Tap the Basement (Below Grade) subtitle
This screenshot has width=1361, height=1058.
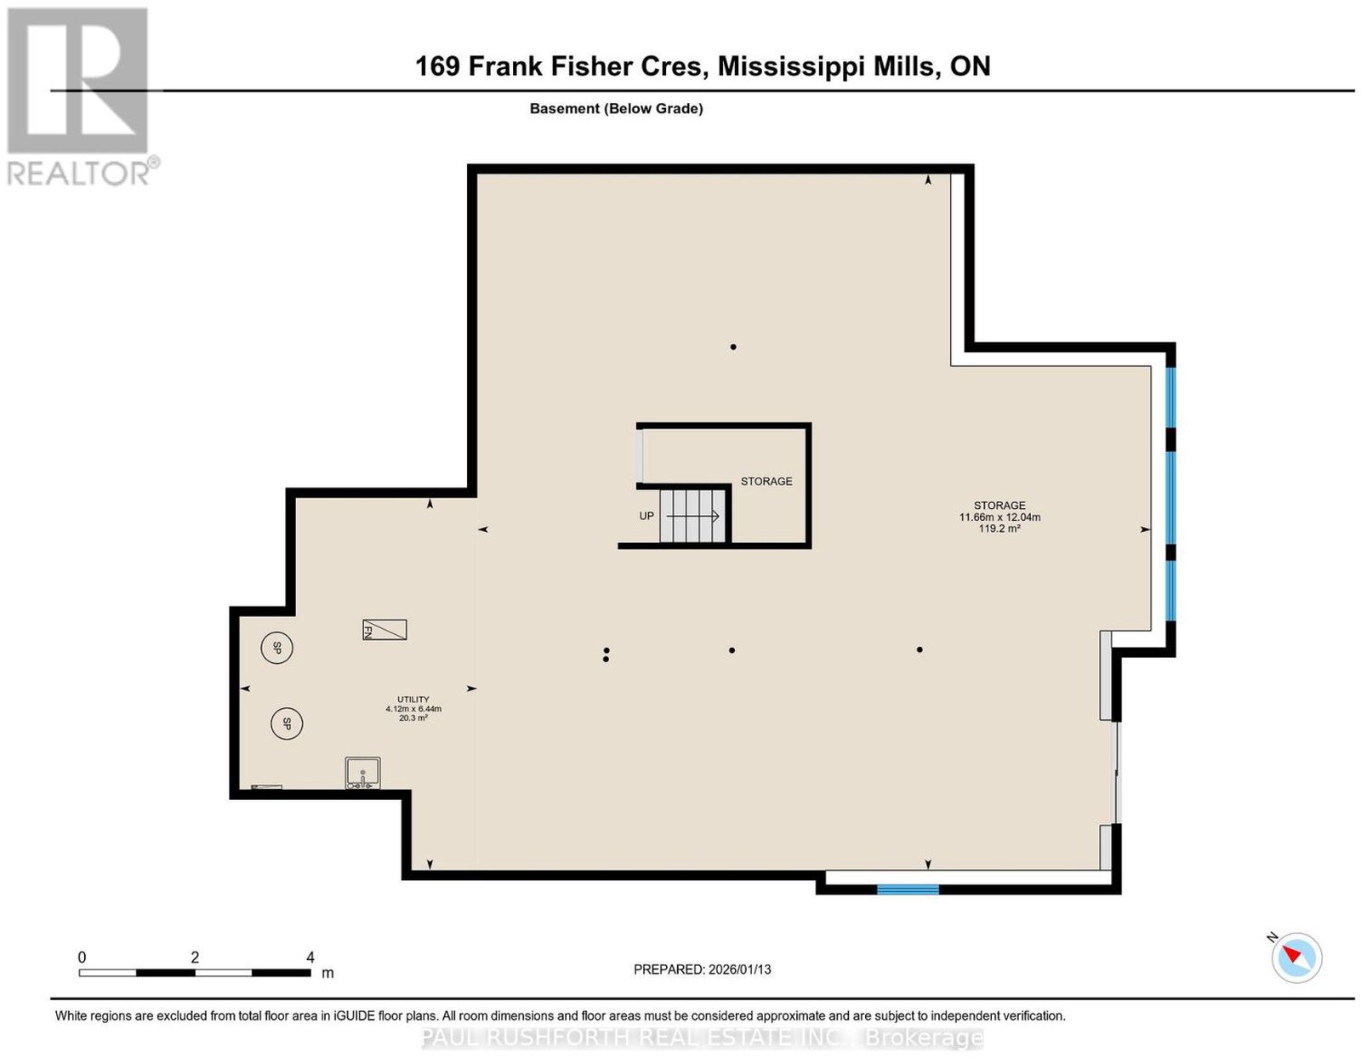point(617,108)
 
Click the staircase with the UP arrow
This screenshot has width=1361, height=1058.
point(692,516)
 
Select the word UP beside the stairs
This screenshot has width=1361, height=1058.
point(646,516)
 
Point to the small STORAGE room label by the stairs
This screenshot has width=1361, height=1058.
point(766,481)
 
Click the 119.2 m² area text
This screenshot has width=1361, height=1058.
point(999,529)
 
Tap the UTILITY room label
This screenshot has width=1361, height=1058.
point(413,699)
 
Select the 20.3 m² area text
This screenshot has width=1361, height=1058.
point(413,718)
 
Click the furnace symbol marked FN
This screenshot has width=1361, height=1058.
point(384,630)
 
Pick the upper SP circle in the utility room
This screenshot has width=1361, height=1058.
point(276,648)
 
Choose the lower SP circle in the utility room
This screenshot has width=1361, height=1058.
point(287,724)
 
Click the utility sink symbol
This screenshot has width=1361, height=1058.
point(362,773)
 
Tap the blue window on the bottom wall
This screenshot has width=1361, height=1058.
point(908,889)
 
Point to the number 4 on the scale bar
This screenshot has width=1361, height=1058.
point(310,958)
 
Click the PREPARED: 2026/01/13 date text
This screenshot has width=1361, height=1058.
point(702,969)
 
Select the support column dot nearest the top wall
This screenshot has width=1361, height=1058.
point(732,346)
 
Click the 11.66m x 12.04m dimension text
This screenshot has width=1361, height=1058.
point(999,518)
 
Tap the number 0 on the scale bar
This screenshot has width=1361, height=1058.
point(82,958)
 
